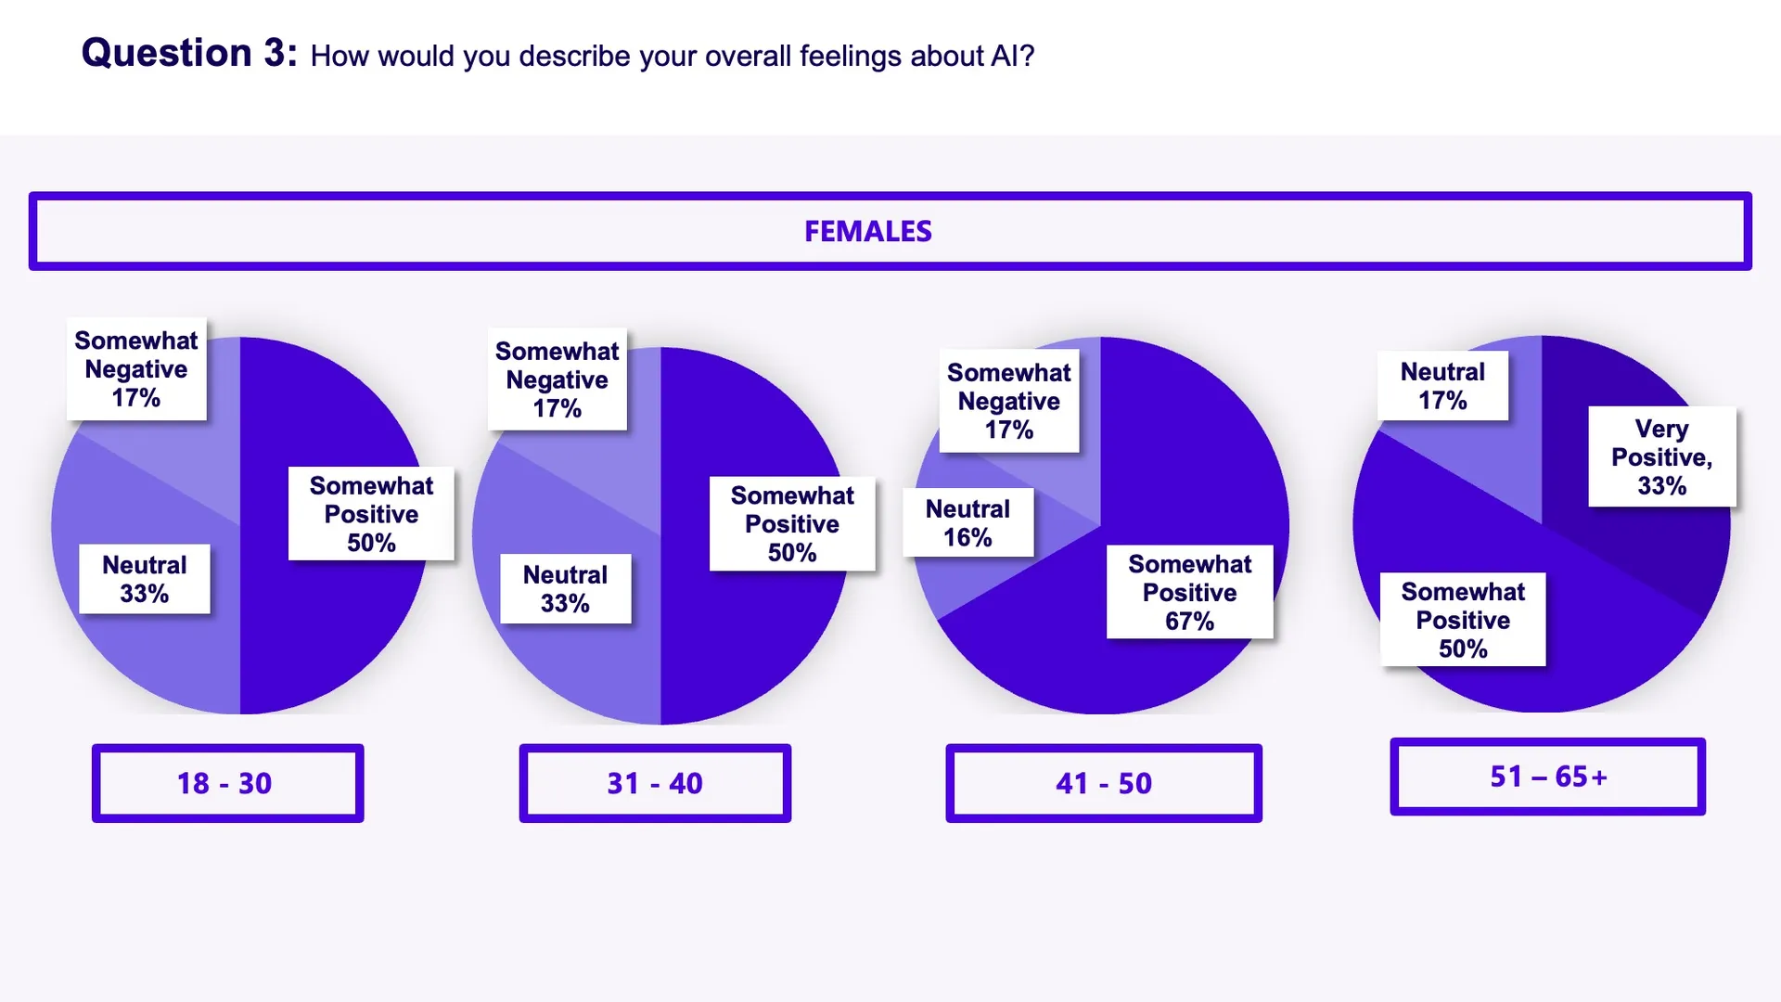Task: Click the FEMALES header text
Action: pos(867,231)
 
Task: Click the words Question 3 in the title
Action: pos(189,53)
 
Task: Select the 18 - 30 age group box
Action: pos(227,783)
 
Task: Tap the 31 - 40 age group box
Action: pos(655,783)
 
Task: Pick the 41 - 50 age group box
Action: pos(1103,783)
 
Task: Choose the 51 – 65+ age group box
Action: pos(1547,777)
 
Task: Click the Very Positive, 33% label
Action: pos(1661,456)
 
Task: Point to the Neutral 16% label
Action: pos(967,522)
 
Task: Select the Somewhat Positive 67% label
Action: pos(1189,592)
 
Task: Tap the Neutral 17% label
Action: pos(1442,386)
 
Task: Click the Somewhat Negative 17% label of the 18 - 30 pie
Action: pos(136,369)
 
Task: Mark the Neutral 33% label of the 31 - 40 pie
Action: pos(565,589)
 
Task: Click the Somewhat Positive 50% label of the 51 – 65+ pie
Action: pos(1463,620)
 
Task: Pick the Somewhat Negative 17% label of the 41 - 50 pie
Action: pos(1008,401)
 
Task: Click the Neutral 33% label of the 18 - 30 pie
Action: pos(144,579)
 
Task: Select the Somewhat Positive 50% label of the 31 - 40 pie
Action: pos(792,523)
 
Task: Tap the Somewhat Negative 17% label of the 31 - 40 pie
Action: pos(557,379)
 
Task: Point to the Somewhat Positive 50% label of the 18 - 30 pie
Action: pos(371,514)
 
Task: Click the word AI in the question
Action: pos(1005,57)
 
